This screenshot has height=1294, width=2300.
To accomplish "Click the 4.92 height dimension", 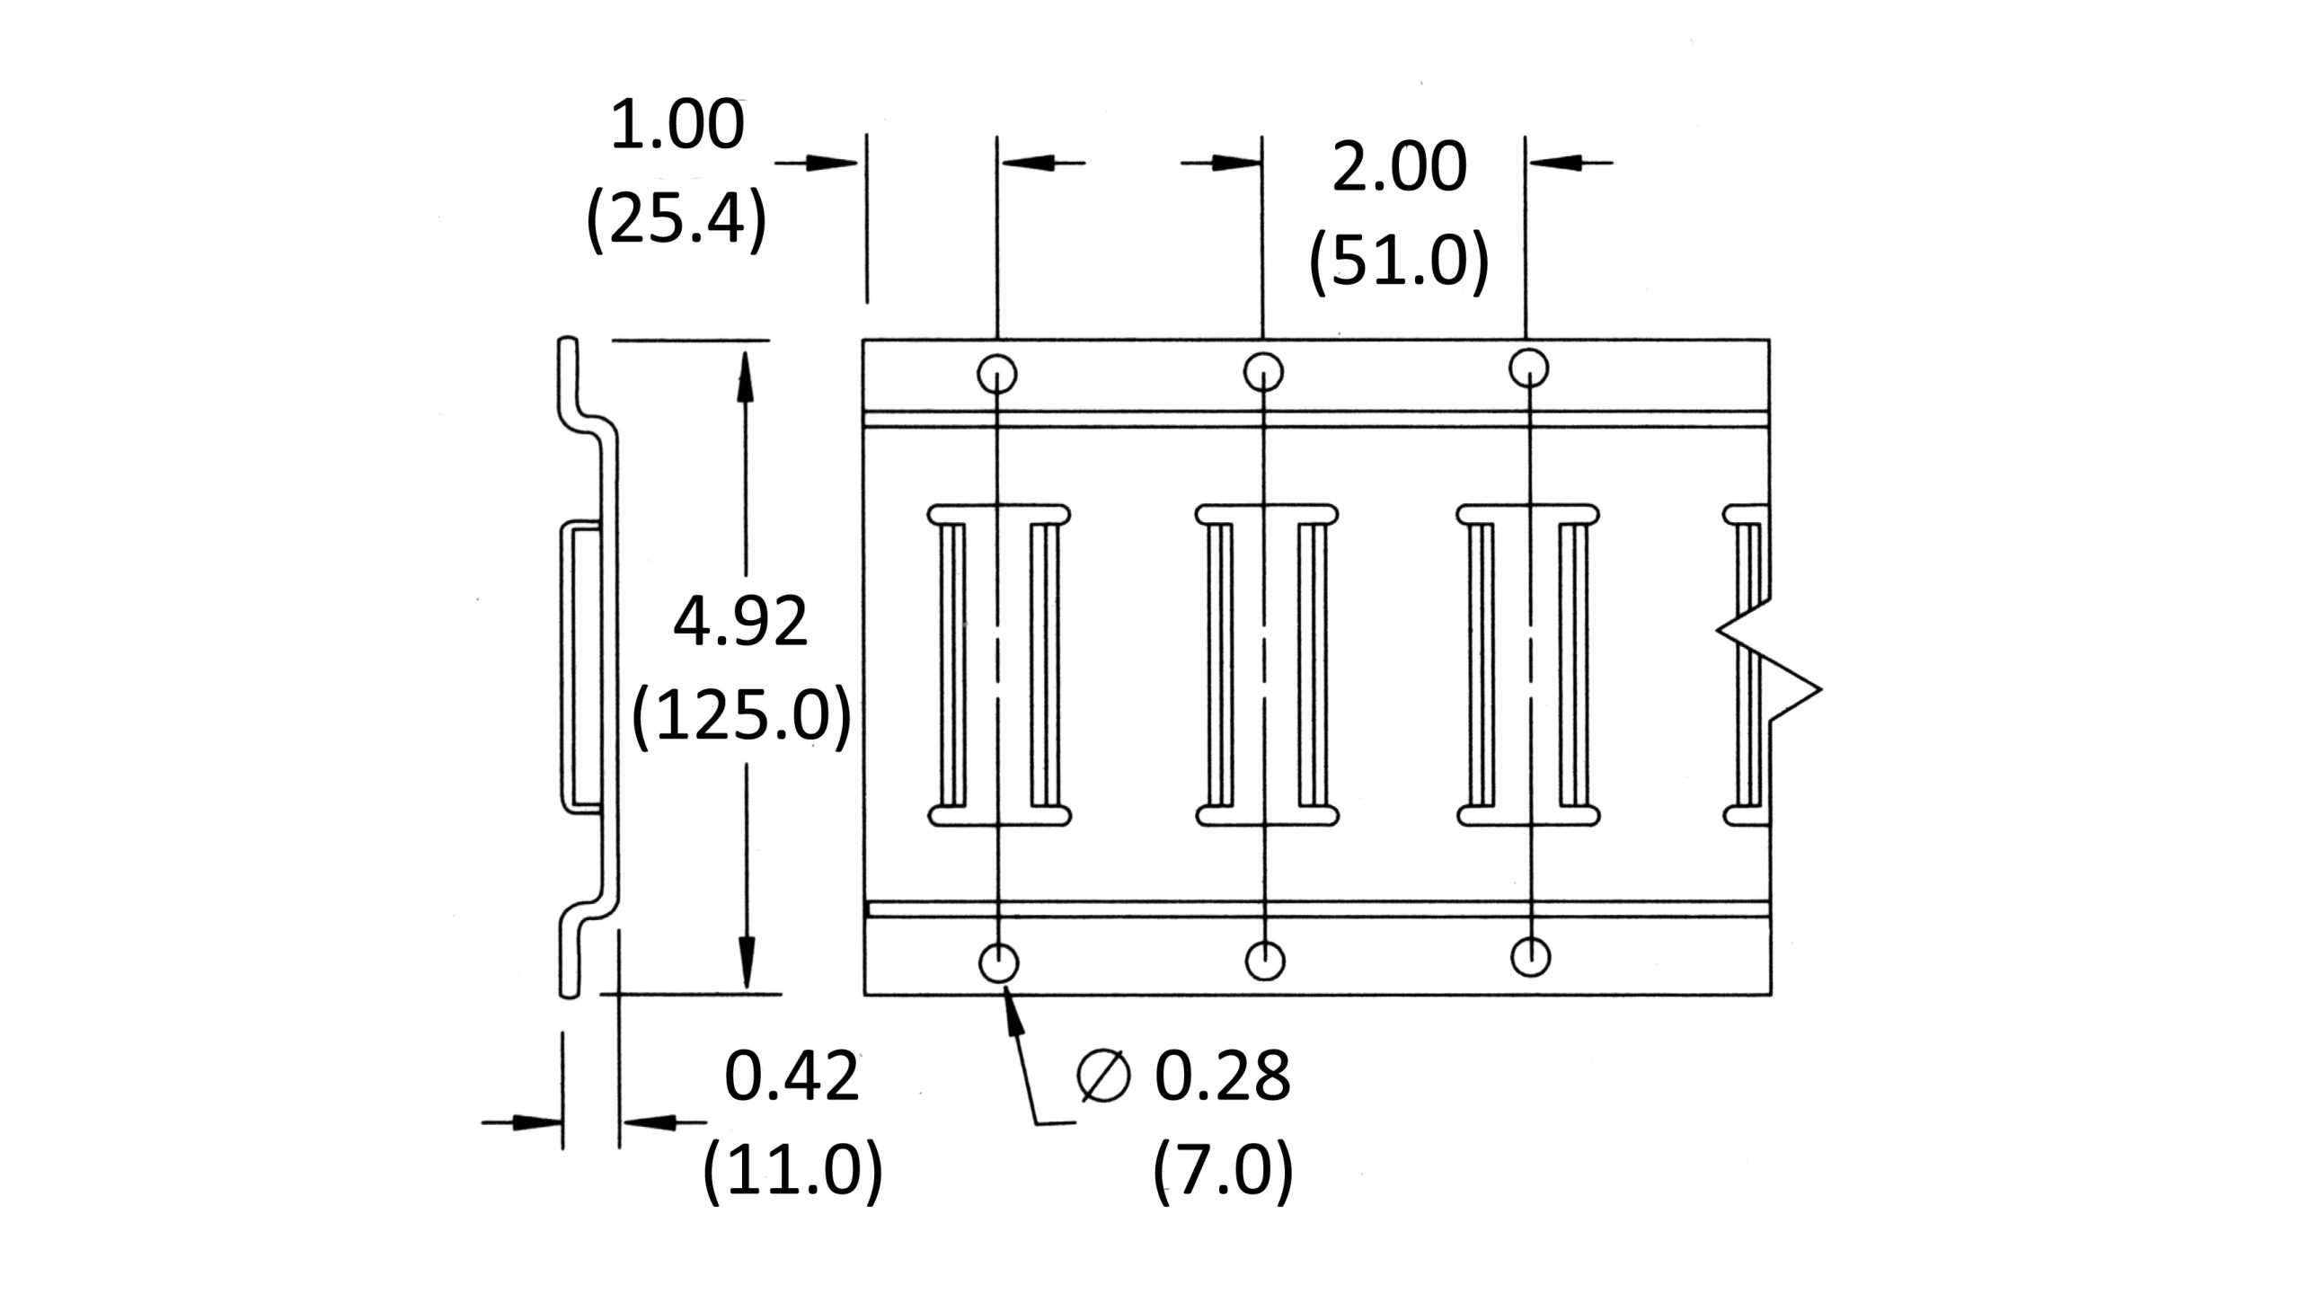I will point(740,623).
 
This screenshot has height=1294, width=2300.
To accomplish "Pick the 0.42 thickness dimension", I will point(792,1077).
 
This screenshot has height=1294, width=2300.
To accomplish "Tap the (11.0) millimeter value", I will point(792,1170).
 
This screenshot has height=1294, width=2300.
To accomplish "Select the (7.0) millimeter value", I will point(1222,1170).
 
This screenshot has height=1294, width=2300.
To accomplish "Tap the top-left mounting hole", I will point(996,374).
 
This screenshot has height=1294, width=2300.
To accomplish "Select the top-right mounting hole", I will point(1528,368).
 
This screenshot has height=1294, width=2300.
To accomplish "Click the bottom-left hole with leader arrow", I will point(998,963).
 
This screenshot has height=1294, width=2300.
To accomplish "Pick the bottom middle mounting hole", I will point(1265,961).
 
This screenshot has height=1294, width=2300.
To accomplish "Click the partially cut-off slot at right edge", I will point(1747,665).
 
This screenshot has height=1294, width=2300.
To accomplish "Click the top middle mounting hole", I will point(1263,371).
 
